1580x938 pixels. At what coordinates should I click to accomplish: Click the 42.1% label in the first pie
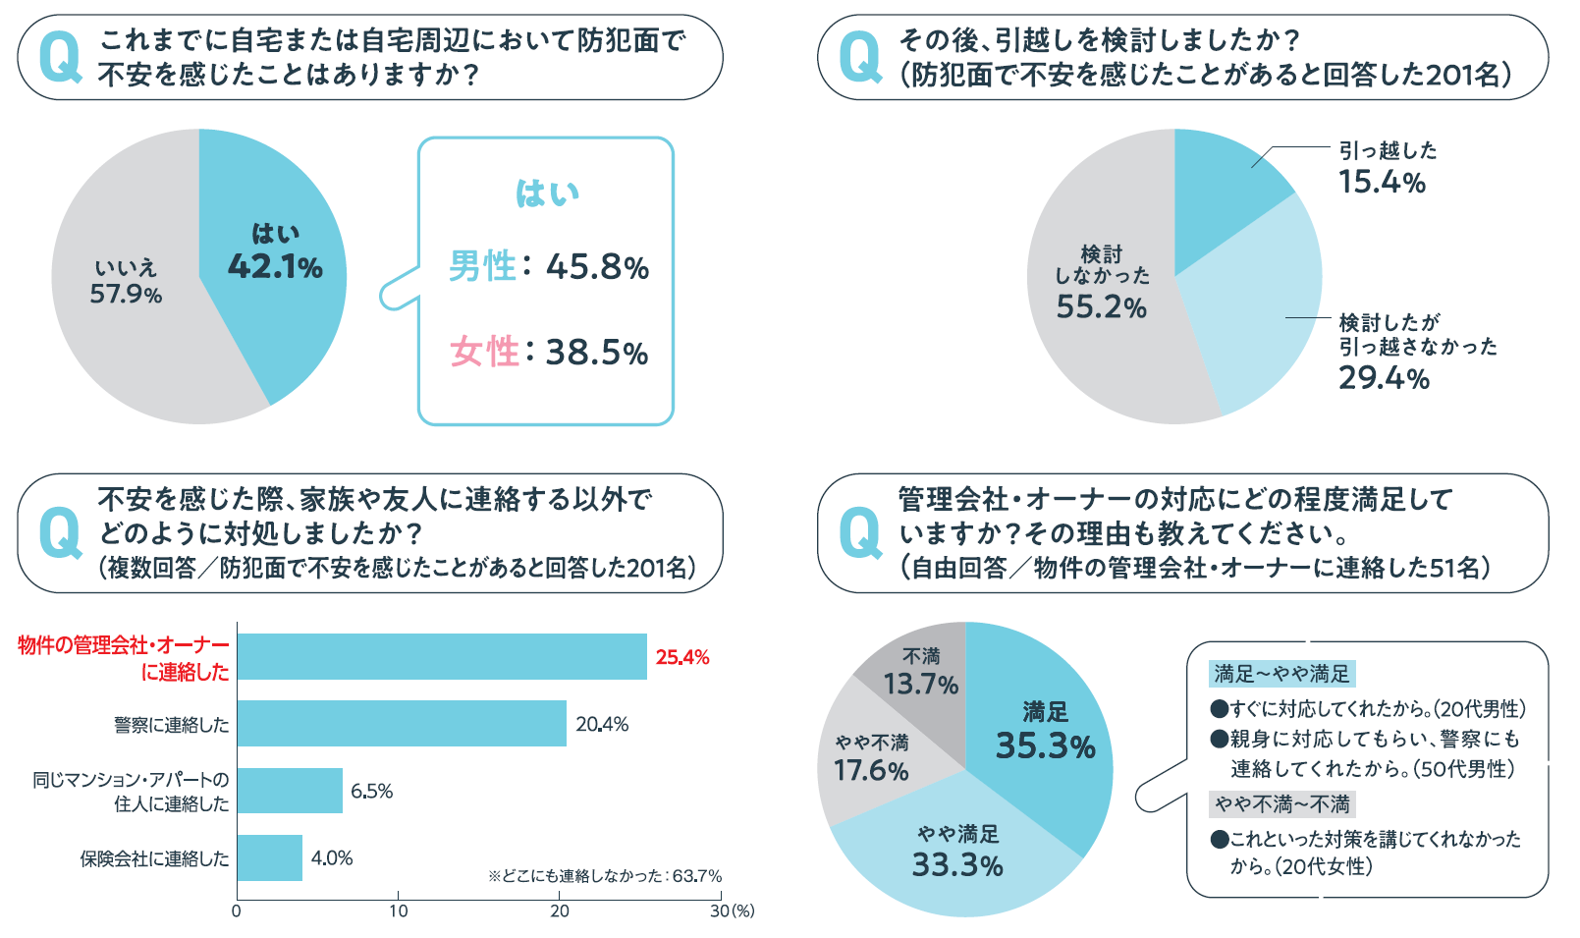click(275, 266)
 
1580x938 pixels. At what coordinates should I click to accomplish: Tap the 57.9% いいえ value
click(126, 294)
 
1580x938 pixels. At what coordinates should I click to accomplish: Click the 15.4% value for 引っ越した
click(1382, 182)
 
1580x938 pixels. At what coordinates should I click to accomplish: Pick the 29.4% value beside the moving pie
click(1384, 377)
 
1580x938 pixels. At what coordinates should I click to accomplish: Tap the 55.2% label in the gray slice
click(1101, 306)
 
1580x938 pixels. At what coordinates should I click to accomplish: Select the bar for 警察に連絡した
click(402, 724)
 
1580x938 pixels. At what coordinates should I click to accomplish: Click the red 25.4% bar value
click(682, 657)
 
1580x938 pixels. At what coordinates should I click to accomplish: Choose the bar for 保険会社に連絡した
click(270, 857)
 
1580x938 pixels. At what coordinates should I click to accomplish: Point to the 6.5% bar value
click(371, 791)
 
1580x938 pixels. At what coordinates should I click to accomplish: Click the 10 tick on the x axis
click(398, 910)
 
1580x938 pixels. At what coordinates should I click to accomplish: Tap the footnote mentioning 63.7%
click(605, 875)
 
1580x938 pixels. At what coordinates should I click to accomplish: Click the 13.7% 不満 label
click(920, 683)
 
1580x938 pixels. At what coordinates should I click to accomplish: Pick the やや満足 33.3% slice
click(957, 864)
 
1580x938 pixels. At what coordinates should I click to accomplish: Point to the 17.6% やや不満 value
click(871, 770)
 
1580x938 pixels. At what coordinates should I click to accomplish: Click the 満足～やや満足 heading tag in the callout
click(1281, 674)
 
